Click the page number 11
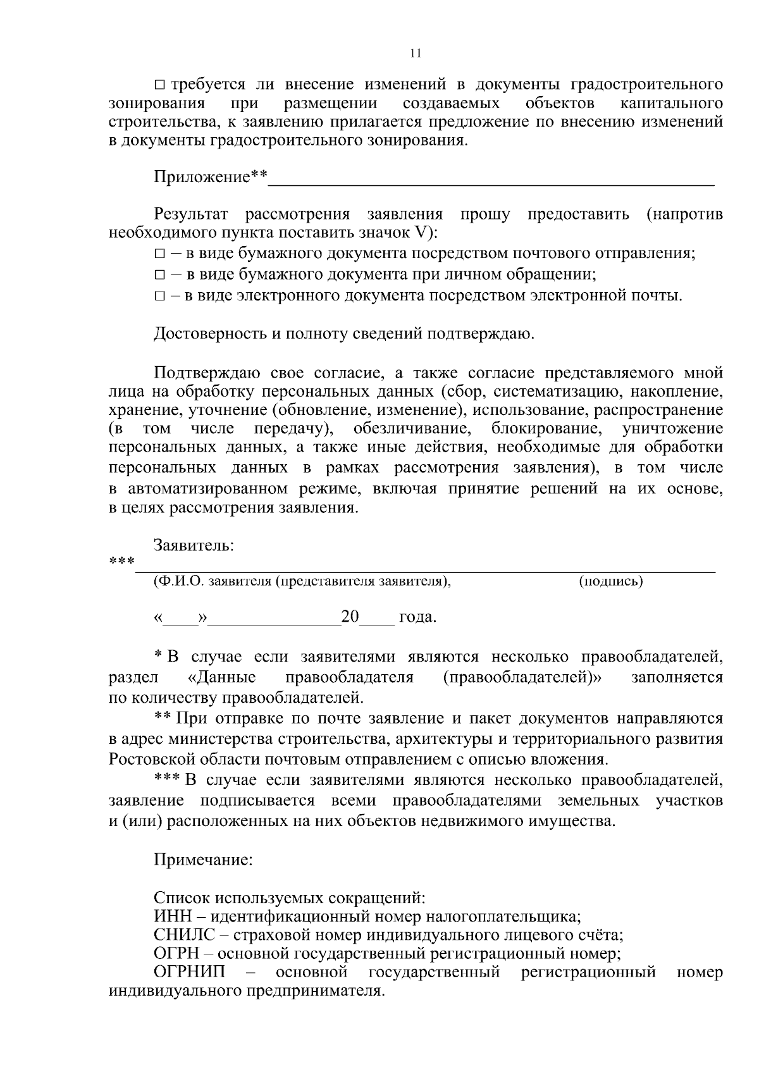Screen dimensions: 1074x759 pos(415,53)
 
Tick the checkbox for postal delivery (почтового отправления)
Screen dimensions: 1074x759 pos(159,254)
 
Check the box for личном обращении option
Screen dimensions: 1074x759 pos(159,275)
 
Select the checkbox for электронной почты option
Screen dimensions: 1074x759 pos(159,295)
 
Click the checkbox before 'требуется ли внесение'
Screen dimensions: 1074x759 pos(159,85)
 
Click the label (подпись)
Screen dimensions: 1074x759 pos(610,581)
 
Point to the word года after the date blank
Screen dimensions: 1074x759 pos(417,617)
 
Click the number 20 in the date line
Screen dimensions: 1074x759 pos(350,616)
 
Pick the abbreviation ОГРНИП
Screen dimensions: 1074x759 pos(189,972)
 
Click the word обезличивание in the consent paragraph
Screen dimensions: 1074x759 pos(412,428)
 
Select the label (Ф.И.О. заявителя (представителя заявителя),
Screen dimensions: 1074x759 pos(302,581)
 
